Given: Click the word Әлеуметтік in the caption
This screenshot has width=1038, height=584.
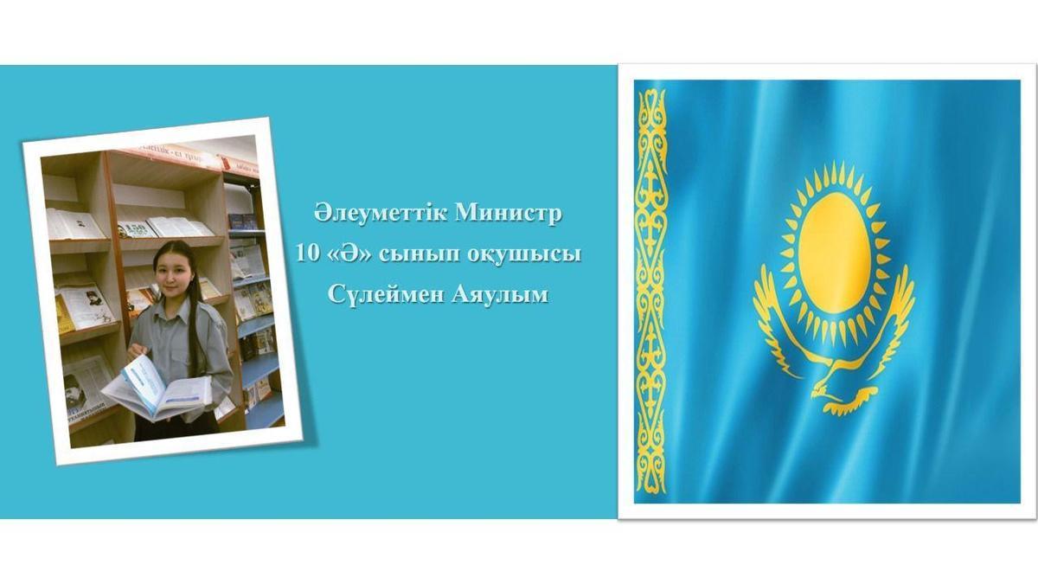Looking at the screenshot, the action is (381, 214).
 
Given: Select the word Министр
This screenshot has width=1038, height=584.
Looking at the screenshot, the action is (509, 214).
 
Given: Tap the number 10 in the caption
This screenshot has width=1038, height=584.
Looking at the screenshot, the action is (308, 254).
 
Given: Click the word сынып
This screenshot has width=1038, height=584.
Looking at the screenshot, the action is (420, 255).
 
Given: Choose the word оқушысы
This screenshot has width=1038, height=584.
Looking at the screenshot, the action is (523, 255).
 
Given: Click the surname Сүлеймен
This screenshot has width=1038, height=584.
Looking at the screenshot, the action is (386, 295).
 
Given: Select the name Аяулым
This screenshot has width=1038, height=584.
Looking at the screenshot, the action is (500, 295).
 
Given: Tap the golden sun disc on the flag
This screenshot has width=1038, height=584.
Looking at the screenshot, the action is (834, 253).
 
